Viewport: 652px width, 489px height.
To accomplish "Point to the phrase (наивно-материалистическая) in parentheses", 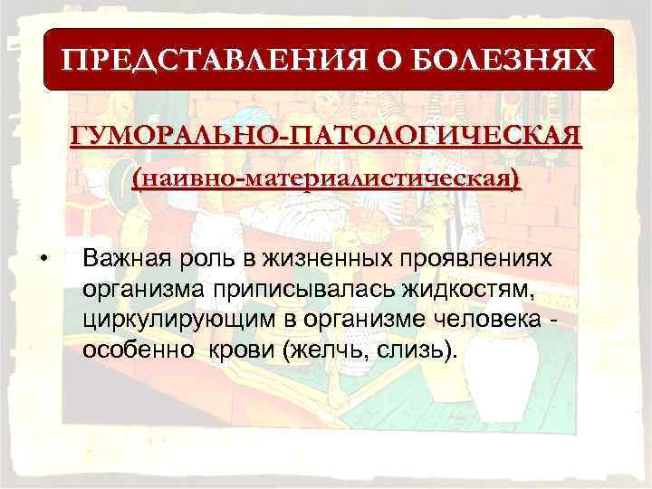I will click(327, 177).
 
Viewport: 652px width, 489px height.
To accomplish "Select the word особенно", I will click(129, 350).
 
